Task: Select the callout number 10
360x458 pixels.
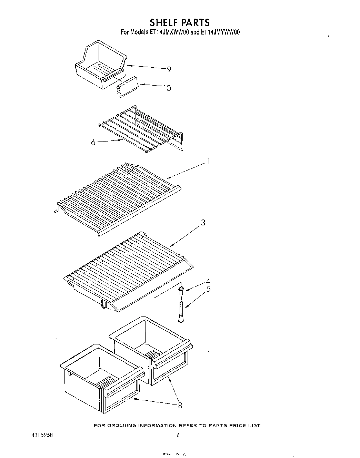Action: coord(167,88)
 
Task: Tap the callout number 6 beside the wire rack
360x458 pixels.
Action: coord(93,142)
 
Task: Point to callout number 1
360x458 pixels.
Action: coord(208,161)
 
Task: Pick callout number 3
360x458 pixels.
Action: coord(203,223)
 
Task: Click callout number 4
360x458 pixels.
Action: coord(208,281)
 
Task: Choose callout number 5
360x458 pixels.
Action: coord(208,289)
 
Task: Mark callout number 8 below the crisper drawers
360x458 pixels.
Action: coord(180,406)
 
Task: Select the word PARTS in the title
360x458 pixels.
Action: coord(196,22)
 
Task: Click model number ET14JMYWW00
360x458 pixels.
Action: coord(220,32)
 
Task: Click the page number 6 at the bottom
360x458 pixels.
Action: coord(178,436)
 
